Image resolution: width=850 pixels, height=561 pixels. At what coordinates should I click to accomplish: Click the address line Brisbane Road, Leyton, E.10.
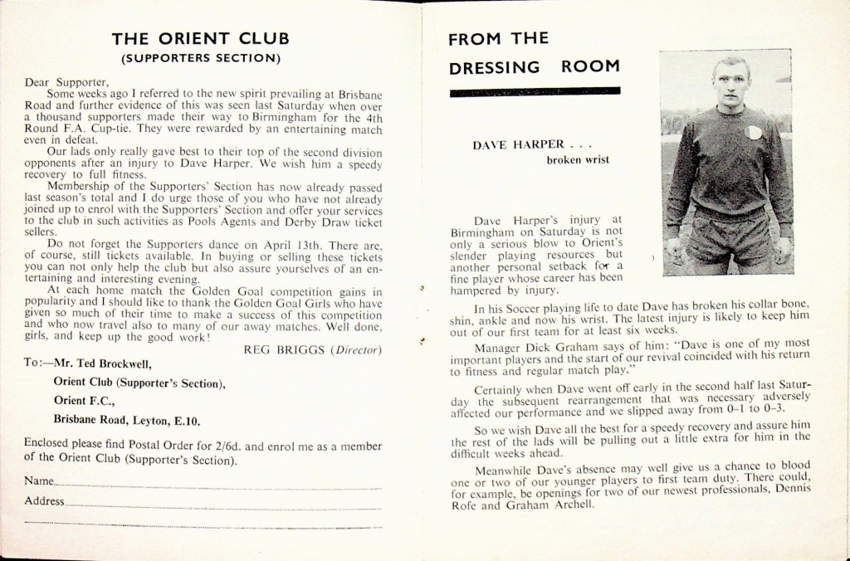pos(126,420)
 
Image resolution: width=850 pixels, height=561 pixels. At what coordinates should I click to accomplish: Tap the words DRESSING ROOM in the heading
pos(534,67)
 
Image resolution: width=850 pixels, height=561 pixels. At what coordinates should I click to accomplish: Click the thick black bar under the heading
pos(535,91)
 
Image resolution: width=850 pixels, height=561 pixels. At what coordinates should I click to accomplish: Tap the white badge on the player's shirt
pos(754,132)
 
